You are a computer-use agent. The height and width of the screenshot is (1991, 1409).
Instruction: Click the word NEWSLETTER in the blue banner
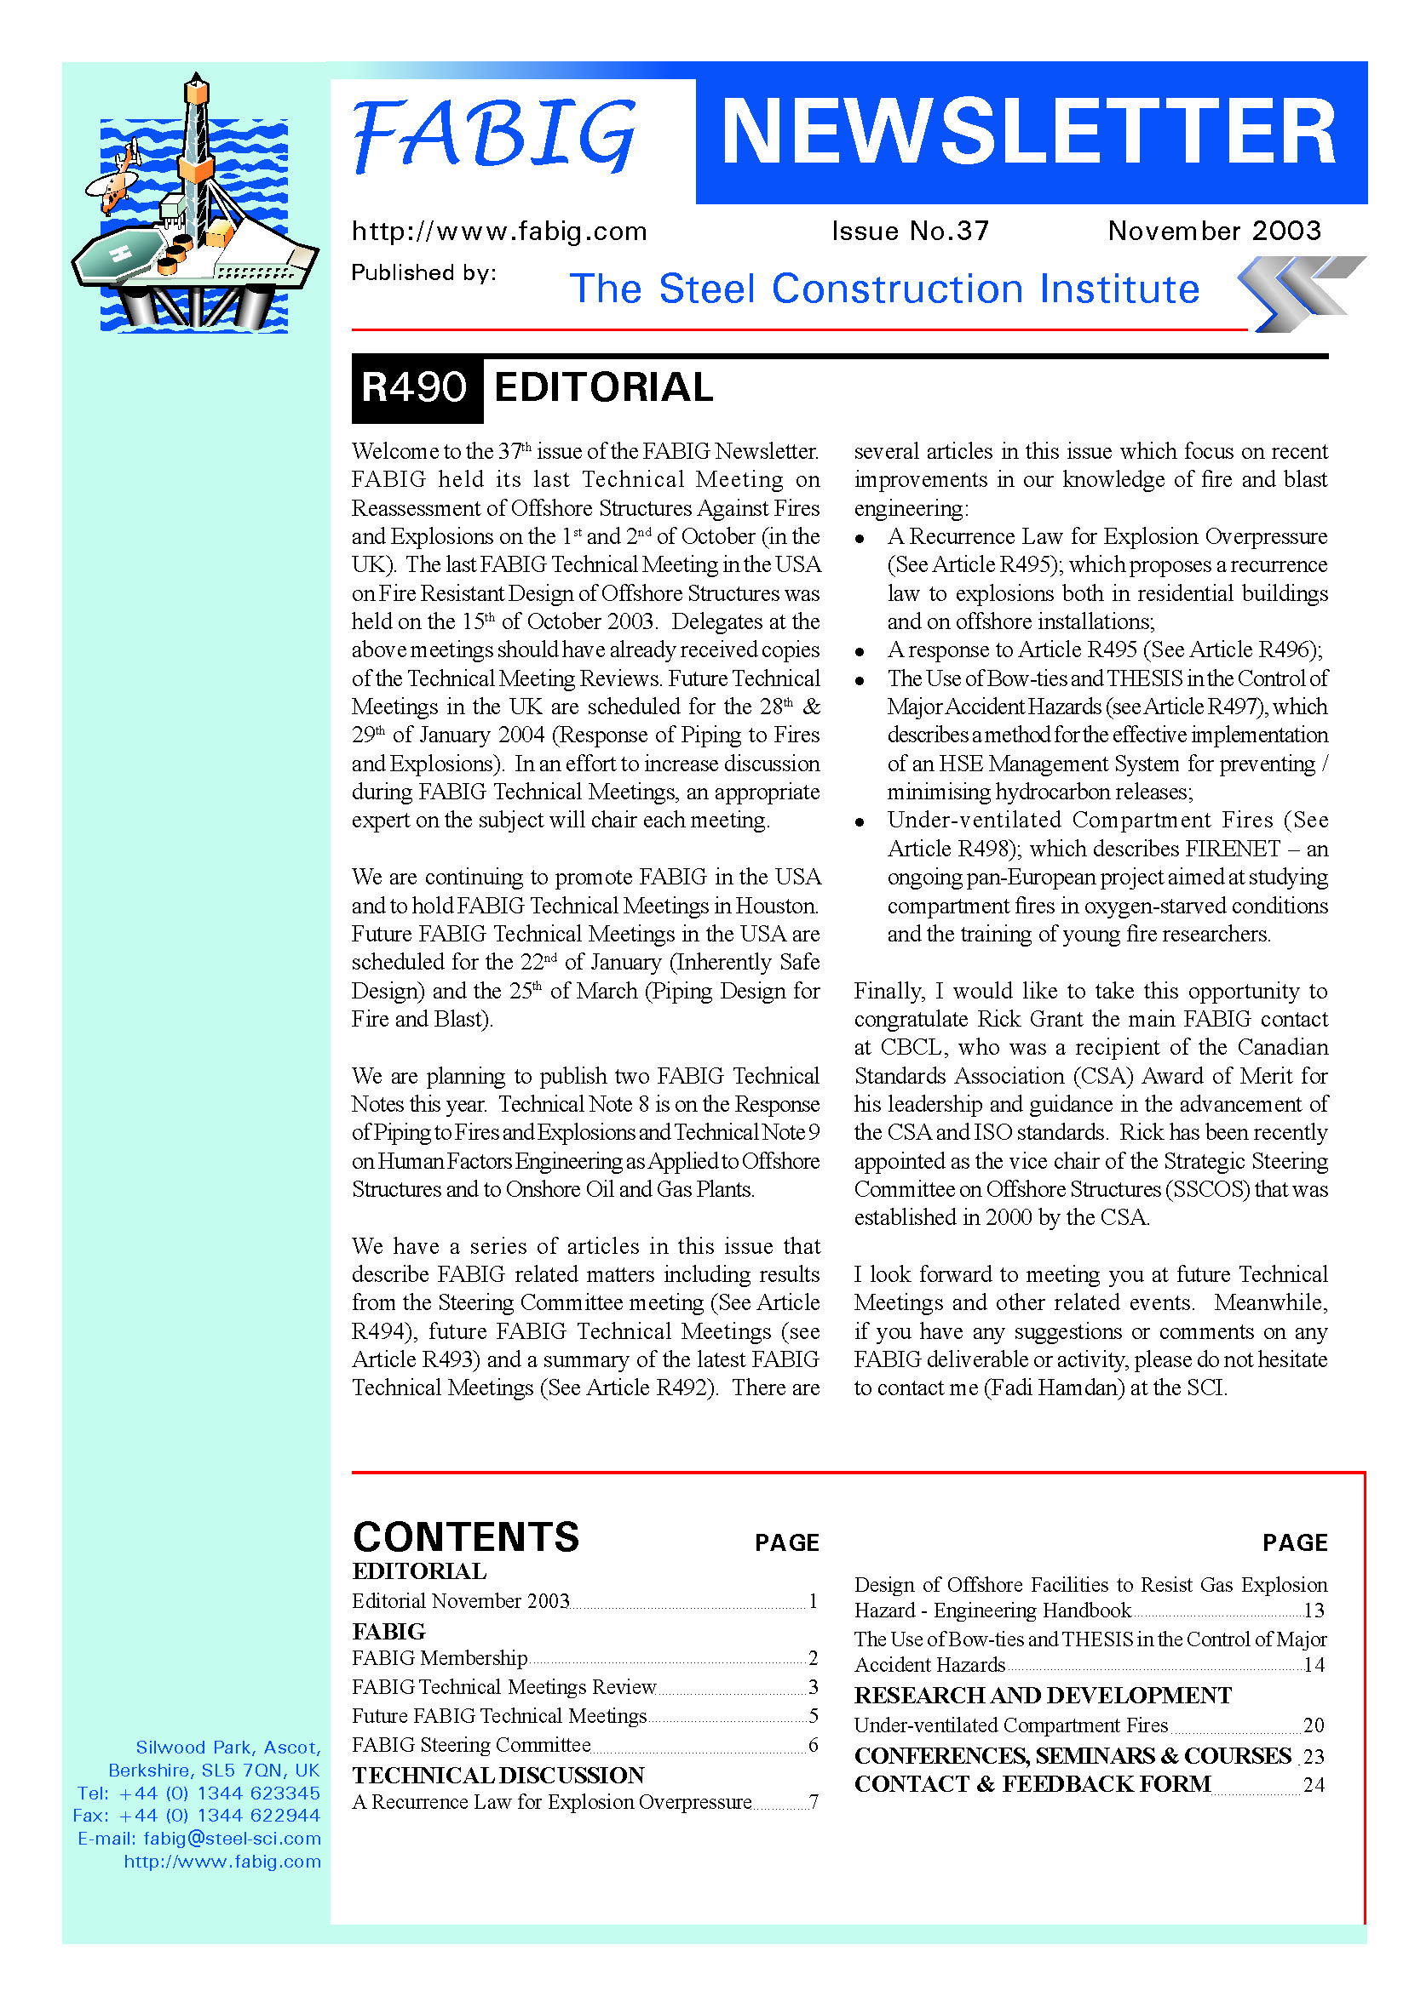[x=1029, y=132]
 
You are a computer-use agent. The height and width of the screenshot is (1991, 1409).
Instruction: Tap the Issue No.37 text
[x=910, y=231]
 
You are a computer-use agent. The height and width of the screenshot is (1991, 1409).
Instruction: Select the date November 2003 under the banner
[x=1214, y=231]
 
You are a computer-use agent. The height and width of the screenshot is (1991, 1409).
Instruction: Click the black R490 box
[x=416, y=387]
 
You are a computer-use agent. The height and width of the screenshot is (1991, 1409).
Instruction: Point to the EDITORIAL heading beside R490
[x=603, y=387]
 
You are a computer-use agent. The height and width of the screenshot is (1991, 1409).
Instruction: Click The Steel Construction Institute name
[x=884, y=289]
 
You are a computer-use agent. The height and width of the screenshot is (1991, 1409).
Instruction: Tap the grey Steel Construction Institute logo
[x=1300, y=293]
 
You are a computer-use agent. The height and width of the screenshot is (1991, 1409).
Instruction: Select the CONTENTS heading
[x=466, y=1537]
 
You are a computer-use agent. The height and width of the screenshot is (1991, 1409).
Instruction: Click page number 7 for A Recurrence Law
[x=813, y=1802]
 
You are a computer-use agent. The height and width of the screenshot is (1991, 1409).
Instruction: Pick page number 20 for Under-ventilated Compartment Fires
[x=1314, y=1725]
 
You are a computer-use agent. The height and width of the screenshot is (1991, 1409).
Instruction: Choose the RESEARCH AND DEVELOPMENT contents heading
[x=1042, y=1696]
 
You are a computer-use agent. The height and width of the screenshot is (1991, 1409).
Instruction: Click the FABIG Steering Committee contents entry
[x=471, y=1745]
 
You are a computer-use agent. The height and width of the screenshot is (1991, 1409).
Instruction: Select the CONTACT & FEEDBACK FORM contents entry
[x=1032, y=1784]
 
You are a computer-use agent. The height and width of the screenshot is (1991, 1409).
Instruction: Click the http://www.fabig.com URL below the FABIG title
[x=499, y=232]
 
